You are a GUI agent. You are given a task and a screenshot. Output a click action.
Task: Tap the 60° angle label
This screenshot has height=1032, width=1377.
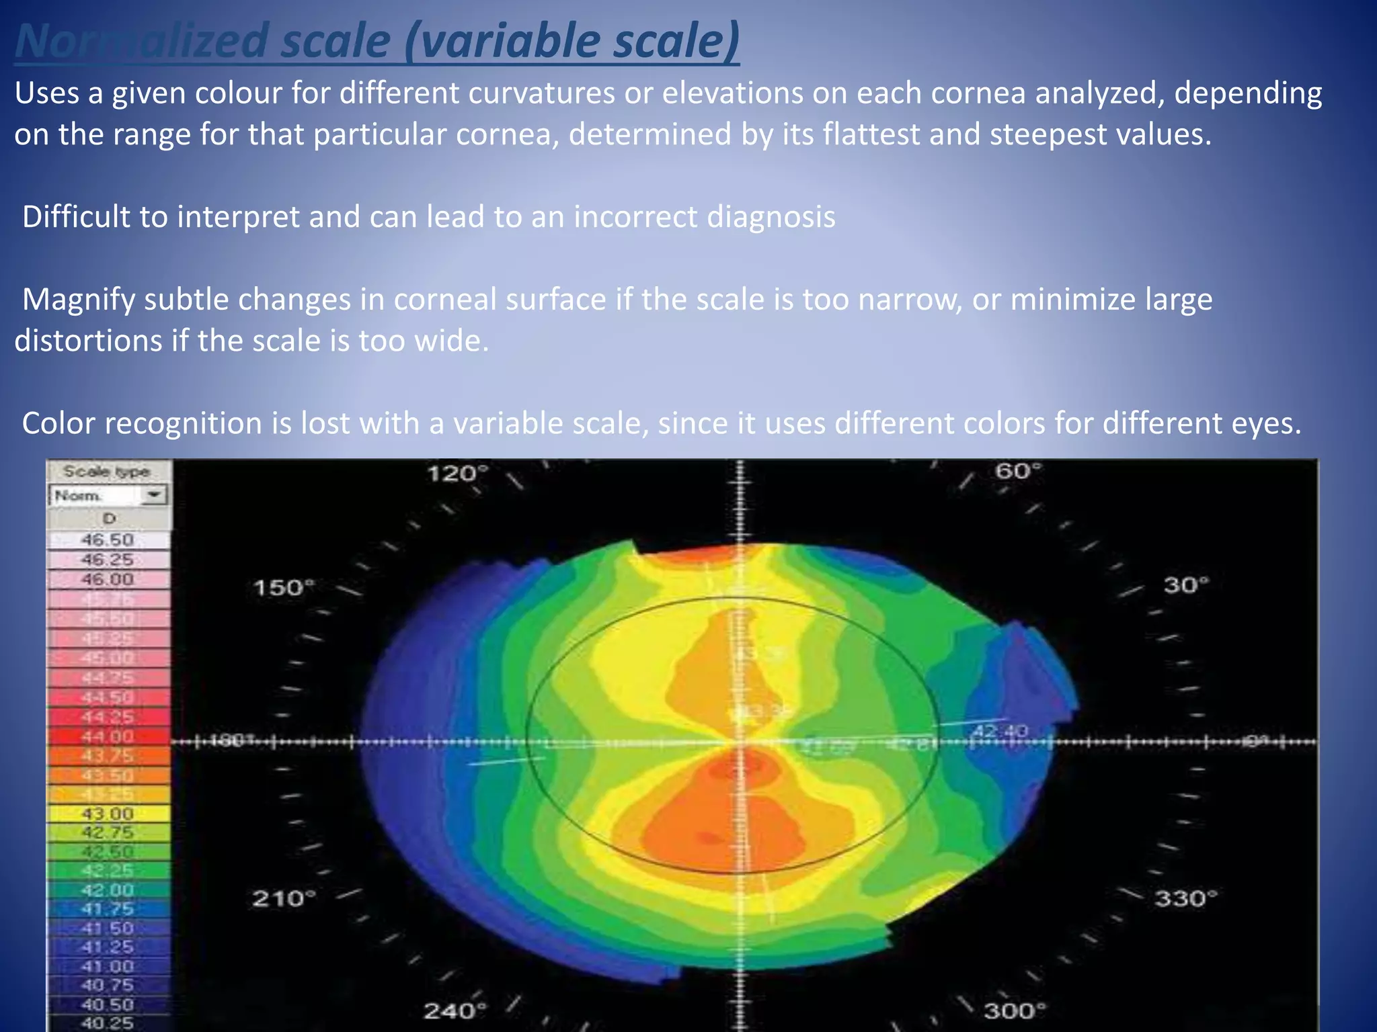click(1018, 471)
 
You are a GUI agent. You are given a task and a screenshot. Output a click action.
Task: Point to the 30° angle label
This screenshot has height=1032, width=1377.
click(1186, 585)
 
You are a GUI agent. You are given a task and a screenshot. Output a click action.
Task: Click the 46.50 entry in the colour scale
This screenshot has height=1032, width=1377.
click(108, 540)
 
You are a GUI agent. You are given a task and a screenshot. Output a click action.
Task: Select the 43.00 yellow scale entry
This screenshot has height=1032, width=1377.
click(108, 814)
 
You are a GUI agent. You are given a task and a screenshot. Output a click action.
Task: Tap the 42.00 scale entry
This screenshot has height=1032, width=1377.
click(108, 890)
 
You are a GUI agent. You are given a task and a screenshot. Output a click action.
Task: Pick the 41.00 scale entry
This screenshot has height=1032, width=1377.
click(108, 966)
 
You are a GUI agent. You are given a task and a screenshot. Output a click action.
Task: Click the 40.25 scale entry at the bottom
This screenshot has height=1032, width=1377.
click(108, 1023)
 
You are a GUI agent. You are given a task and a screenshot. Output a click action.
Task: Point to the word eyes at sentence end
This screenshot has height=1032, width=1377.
click(1266, 423)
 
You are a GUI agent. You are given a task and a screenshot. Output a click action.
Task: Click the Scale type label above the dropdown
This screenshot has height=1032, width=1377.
click(106, 471)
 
